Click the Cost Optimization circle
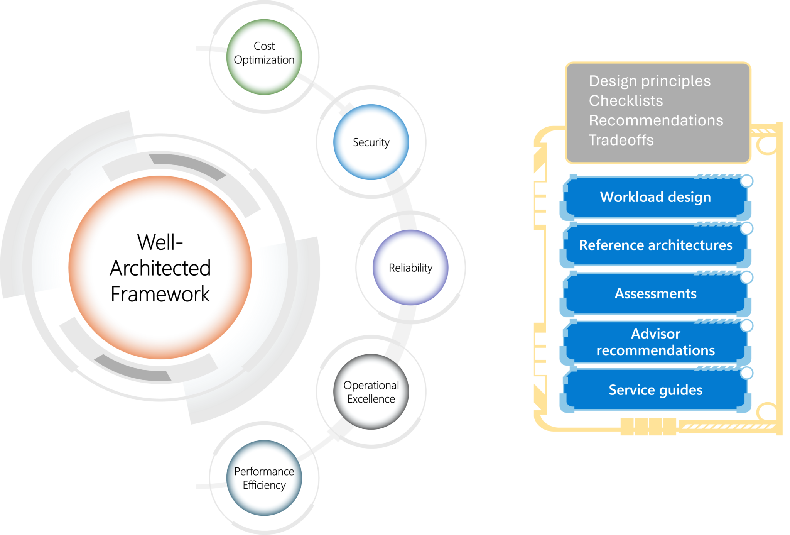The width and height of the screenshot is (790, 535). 264,57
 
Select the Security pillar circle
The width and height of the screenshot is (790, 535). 371,142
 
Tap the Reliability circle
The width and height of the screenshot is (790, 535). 410,267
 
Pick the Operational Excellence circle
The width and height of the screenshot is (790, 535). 371,391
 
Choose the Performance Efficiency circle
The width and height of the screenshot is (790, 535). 264,478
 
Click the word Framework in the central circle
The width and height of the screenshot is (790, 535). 160,294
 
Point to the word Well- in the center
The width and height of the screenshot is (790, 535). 160,242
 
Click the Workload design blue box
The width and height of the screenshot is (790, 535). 655,197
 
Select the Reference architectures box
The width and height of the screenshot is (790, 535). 655,245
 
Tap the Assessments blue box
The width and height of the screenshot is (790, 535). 655,293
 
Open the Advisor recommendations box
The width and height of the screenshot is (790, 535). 655,342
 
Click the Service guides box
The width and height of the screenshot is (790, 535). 655,390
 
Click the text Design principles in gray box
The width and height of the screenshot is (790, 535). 650,81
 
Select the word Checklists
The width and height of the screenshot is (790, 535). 626,101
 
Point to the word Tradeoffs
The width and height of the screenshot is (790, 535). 621,140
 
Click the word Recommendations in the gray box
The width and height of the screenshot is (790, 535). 656,120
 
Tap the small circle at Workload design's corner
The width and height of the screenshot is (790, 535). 747,181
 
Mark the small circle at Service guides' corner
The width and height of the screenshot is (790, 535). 747,373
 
